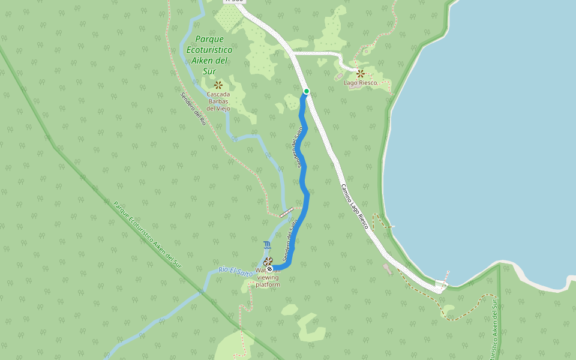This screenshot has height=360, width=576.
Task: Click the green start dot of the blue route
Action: point(307,91)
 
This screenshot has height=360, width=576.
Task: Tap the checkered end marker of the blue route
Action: point(270,269)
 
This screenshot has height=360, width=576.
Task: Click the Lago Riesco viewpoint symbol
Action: point(361,74)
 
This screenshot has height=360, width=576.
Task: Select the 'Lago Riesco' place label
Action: point(361,83)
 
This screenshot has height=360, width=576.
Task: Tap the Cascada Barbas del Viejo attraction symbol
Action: point(218,85)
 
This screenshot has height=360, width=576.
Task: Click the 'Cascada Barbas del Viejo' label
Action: point(218,101)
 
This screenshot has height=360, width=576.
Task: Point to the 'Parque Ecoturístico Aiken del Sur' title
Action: point(209,55)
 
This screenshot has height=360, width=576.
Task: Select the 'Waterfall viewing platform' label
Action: point(268,278)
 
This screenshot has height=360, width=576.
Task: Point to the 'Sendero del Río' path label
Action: point(193,108)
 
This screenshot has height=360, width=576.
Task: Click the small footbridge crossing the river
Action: point(287,211)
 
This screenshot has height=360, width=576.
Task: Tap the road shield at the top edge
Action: point(235,1)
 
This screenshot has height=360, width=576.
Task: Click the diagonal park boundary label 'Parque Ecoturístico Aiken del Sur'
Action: point(148,235)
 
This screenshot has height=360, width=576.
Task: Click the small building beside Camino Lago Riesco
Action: point(388,269)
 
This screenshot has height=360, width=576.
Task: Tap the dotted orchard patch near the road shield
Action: point(227,18)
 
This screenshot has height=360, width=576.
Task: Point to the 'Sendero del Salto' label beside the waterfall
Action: point(290,240)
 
